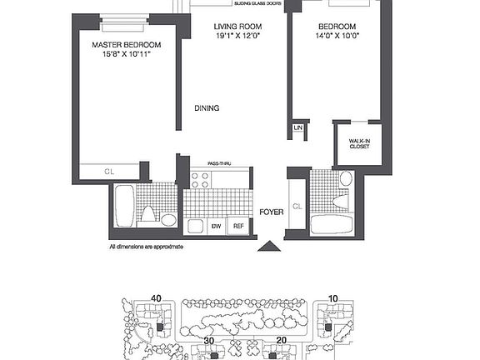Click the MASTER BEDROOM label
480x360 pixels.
pos(127,44)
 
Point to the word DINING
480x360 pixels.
pos(207,107)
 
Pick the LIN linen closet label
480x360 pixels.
pos(297,128)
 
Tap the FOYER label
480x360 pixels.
pos(270,212)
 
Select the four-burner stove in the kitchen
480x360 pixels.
pos(199,179)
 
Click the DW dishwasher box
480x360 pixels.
pos(215,226)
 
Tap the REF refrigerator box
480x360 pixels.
pos(237,226)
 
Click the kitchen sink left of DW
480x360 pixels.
pos(195,226)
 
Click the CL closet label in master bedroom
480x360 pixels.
pos(109,172)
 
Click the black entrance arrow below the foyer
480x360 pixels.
pos(268,246)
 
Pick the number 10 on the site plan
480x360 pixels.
pos(333,298)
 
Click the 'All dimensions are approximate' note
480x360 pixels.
pos(146,247)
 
